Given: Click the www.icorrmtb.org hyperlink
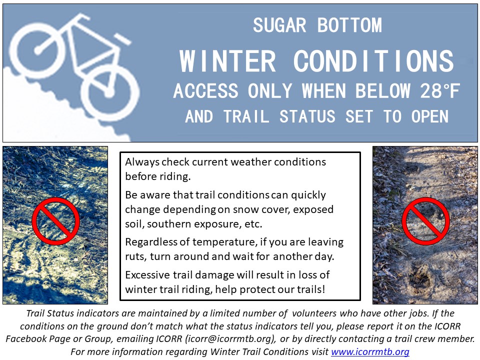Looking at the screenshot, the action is point(370,351).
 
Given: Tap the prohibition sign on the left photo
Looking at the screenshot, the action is point(55,221).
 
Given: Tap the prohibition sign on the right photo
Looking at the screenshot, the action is point(425,221).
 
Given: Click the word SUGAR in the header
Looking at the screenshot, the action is point(279,25).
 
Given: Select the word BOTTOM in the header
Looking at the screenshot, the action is point(349,25).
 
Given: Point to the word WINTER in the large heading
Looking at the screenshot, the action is point(228,61).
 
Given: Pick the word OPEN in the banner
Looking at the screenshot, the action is point(430,116).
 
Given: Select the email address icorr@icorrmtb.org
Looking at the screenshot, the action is point(228,339).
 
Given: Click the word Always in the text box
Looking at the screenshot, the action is point(142,162).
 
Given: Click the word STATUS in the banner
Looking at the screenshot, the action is point(307,116).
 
